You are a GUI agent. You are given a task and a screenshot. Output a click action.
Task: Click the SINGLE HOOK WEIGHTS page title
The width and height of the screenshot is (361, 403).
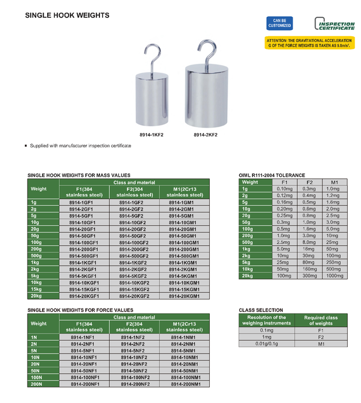pyautogui.click(x=67, y=16)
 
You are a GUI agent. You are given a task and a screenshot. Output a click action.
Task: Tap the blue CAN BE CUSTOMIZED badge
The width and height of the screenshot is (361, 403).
pyautogui.click(x=279, y=22)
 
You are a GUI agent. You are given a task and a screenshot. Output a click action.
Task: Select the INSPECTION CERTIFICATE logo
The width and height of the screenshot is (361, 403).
pyautogui.click(x=335, y=24)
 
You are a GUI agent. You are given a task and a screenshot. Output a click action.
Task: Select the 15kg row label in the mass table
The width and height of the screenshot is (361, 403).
pyautogui.click(x=37, y=289)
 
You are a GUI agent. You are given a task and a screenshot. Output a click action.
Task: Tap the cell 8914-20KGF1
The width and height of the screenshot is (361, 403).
pyautogui.click(x=84, y=295)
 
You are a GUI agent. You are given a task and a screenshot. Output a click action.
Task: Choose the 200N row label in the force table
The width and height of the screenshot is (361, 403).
pyautogui.click(x=37, y=383)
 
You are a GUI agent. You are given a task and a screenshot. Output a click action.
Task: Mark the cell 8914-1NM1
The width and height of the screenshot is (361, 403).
pyautogui.click(x=185, y=337)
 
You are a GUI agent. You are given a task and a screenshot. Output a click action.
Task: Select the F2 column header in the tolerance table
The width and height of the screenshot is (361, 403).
pyautogui.click(x=309, y=182)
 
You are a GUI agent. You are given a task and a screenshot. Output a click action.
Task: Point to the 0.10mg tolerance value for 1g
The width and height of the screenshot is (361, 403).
pyautogui.click(x=285, y=189)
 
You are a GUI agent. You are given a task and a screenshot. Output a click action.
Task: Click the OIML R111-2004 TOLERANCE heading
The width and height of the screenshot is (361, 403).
pyautogui.click(x=271, y=175)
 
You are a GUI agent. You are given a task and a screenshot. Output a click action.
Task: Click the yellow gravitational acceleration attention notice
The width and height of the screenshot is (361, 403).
pyautogui.click(x=309, y=43)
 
